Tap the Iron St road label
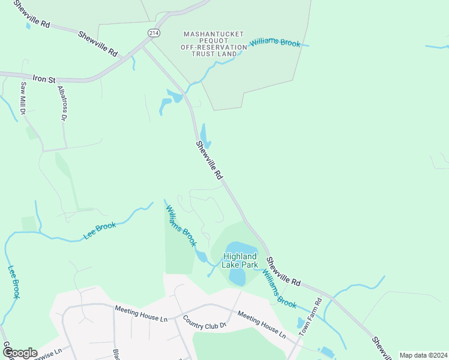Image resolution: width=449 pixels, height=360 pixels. (x=44, y=78)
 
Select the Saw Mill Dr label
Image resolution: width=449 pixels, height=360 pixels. (x=23, y=98)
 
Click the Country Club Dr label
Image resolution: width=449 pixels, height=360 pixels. (x=204, y=322)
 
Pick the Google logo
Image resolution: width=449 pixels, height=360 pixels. (x=20, y=353)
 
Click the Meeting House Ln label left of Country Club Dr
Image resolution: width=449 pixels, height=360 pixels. (x=140, y=313)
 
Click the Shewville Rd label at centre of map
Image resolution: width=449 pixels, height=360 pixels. (x=209, y=160)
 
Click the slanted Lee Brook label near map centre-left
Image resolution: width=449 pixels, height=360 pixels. (x=100, y=230)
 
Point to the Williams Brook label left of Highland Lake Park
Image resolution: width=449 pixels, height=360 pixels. (x=181, y=226)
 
